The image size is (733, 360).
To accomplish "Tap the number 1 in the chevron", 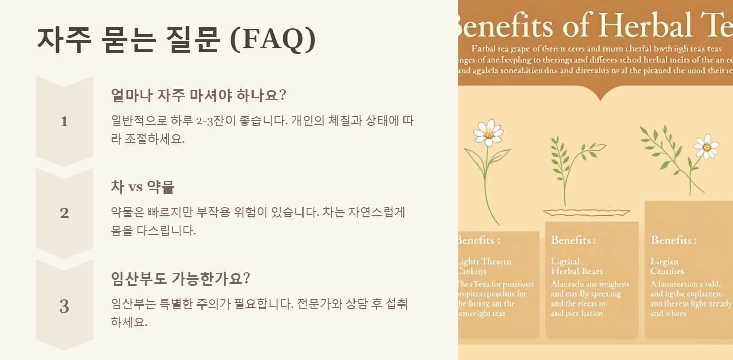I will (64, 122).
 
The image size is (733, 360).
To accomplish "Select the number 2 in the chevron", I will (64, 213).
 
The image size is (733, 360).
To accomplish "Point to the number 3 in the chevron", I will (64, 307).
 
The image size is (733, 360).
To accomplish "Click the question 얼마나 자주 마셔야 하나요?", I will (198, 95).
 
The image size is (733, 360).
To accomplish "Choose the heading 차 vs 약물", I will (142, 187).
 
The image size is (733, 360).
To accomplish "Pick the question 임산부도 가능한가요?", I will (181, 279).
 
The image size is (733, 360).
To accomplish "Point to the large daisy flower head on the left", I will (488, 132).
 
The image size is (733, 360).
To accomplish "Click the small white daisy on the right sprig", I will (706, 147).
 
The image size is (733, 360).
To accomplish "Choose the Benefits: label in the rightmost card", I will (673, 240).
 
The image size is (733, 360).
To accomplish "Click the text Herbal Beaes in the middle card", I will (577, 271).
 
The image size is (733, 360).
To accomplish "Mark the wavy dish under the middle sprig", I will (587, 212).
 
